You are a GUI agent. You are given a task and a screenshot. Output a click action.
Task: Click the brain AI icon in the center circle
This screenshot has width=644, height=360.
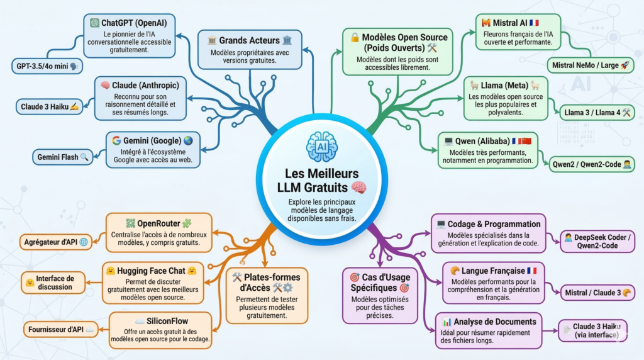coord(321,147)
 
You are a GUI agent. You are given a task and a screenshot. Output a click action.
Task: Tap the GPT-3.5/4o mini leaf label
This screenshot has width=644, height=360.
coord(47,66)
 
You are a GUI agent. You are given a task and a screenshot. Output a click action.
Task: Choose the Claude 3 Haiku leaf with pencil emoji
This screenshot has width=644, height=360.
coord(48,106)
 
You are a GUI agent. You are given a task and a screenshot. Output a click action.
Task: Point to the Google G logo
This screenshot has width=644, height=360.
coord(116,140)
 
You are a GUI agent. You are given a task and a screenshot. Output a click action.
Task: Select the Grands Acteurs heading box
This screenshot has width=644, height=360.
coord(250,50)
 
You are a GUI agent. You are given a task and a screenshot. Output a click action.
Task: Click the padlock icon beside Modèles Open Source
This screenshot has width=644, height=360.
coord(355,37)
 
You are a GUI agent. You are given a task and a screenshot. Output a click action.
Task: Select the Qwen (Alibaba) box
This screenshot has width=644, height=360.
coord(483,148)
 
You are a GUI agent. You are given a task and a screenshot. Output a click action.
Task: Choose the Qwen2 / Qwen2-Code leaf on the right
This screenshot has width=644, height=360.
coord(592,165)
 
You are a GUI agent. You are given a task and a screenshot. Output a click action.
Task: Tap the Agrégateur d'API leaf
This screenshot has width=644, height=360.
coord(55,242)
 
